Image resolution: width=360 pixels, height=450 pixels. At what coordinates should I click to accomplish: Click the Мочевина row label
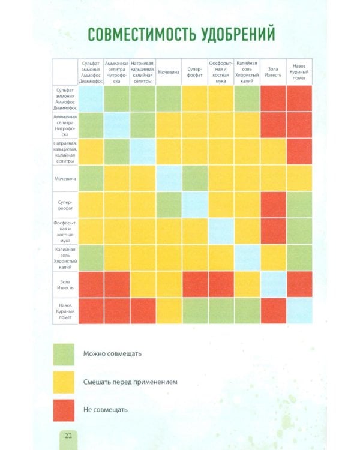64,179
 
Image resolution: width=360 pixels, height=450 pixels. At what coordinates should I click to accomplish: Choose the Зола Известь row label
64,284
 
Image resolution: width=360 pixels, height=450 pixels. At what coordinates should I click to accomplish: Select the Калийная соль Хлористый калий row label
64,258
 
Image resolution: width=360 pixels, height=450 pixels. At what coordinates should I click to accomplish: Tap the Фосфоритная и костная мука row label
64,232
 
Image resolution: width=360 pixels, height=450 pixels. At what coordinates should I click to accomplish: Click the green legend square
64,353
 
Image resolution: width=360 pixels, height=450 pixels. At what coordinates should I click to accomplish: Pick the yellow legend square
64,382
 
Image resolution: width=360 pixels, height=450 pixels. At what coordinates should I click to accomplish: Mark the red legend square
64,410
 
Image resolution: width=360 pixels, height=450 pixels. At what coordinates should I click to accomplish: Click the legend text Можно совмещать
112,353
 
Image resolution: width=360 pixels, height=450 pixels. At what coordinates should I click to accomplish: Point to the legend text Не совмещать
106,410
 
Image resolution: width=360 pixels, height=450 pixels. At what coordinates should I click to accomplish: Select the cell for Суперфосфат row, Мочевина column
169,205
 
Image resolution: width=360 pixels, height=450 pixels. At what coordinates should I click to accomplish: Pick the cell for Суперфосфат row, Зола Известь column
273,205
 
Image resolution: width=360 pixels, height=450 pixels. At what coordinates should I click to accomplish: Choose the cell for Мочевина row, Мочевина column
169,179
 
